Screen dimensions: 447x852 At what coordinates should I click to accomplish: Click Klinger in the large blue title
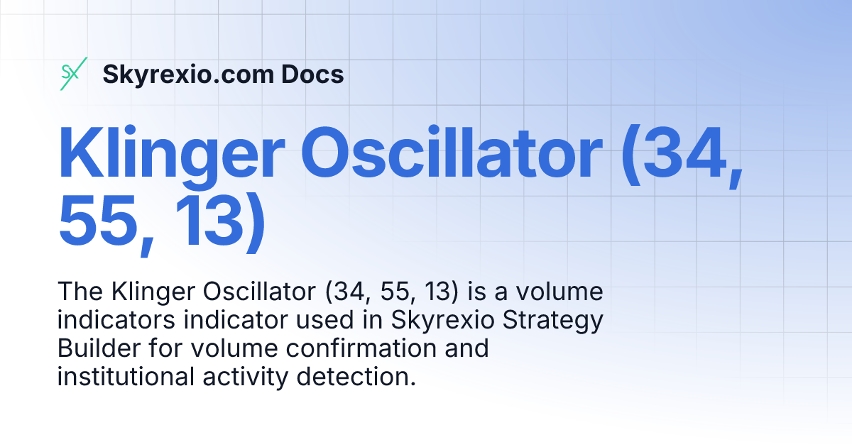click(x=173, y=154)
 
